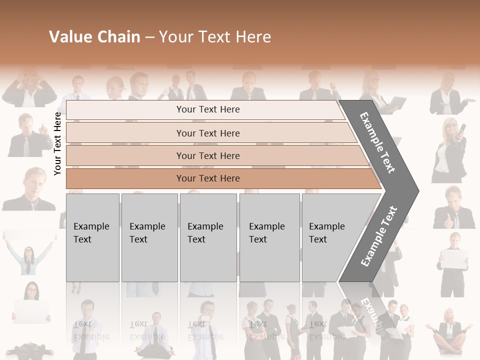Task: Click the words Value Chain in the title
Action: (x=94, y=37)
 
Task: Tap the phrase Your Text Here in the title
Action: (x=215, y=37)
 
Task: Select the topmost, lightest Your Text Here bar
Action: (x=207, y=109)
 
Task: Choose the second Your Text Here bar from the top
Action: (x=207, y=133)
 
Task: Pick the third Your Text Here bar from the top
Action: (x=207, y=155)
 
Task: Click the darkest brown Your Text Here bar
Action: (x=207, y=178)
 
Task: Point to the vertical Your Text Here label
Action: (x=58, y=143)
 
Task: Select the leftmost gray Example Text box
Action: (x=92, y=237)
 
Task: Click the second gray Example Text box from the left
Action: (x=149, y=237)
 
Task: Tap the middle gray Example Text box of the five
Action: (x=208, y=237)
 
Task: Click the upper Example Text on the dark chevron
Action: (x=377, y=142)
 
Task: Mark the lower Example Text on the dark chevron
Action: (x=378, y=236)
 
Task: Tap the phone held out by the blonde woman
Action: (x=463, y=129)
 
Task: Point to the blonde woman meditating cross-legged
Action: (x=448, y=327)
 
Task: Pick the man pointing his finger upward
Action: (x=28, y=135)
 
